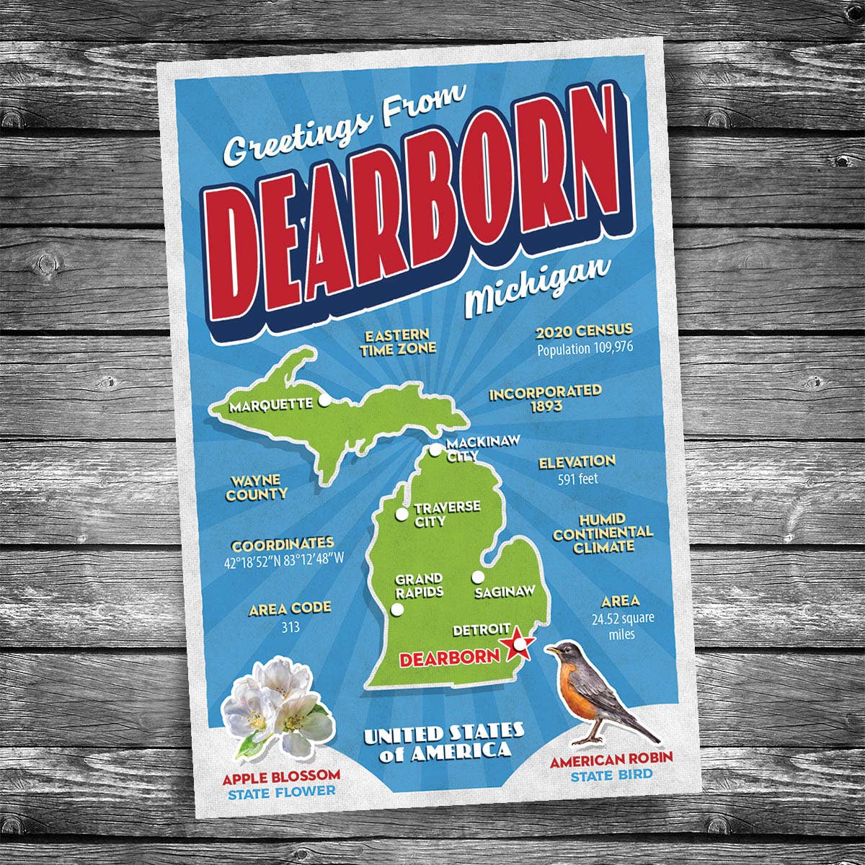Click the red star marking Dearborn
tap(518, 644)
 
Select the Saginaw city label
tap(505, 592)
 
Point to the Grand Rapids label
tap(419, 585)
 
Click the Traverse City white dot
tap(402, 515)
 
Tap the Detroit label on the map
tap(482, 630)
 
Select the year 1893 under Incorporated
tap(546, 407)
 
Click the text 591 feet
tap(577, 478)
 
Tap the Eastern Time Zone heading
tap(398, 342)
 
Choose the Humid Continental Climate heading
tap(603, 533)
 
